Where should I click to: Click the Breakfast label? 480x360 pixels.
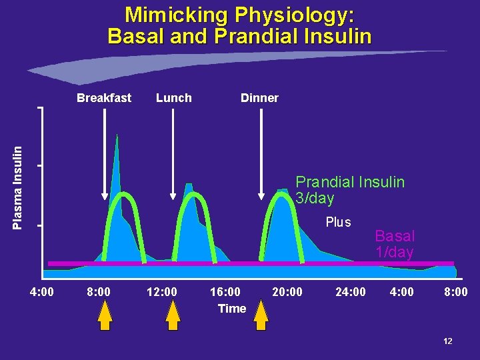click(x=104, y=98)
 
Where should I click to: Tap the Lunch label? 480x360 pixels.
click(x=173, y=98)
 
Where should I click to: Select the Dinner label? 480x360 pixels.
click(x=259, y=98)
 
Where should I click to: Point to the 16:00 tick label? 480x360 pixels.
click(x=226, y=291)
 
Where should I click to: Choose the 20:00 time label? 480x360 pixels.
click(x=287, y=291)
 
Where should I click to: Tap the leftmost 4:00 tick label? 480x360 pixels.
click(x=42, y=291)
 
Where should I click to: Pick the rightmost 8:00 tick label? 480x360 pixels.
click(x=456, y=291)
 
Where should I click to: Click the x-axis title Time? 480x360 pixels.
click(x=232, y=308)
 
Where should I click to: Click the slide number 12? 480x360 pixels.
click(x=447, y=341)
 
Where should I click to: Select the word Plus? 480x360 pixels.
click(x=338, y=223)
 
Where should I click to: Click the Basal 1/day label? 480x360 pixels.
click(x=395, y=244)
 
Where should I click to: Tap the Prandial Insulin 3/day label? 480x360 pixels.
click(x=350, y=190)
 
